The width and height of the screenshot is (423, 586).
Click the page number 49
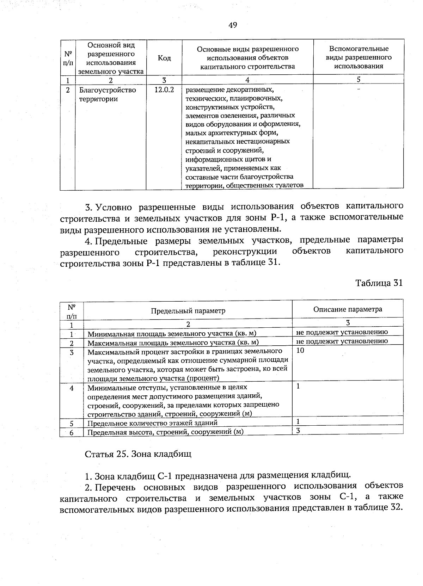233,25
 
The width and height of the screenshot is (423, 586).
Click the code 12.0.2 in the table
164,90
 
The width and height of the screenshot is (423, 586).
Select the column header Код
164,58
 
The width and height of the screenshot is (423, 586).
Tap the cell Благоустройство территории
107,94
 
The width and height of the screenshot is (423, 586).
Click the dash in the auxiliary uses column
358,90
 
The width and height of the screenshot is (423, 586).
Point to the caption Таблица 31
379,283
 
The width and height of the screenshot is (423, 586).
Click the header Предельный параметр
188,311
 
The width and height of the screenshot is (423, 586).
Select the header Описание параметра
348,309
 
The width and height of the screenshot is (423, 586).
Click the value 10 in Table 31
300,350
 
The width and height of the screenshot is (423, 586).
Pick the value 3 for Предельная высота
298,430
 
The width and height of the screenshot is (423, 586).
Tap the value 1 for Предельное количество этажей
298,421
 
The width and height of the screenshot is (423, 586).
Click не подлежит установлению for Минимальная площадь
342,332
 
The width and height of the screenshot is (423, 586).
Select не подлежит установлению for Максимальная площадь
342,341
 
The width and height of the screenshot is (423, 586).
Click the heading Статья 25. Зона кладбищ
138,454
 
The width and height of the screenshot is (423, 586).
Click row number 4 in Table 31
72,388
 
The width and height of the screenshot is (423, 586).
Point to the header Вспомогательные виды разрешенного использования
358,57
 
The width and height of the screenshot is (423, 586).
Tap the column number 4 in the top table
247,80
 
